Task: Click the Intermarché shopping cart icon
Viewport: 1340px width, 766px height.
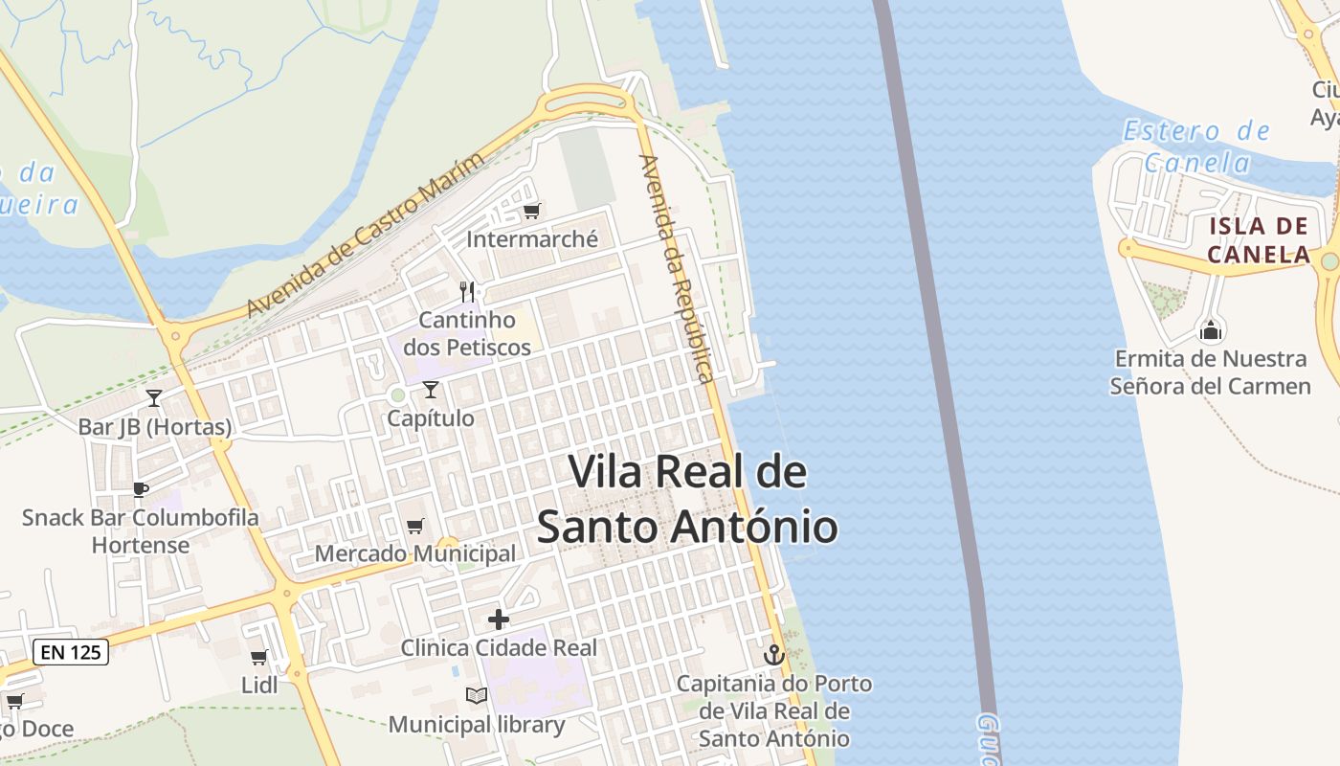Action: tap(531, 211)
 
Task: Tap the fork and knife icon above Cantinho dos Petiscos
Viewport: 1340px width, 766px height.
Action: tap(467, 291)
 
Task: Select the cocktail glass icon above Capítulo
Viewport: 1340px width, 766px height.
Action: tap(431, 389)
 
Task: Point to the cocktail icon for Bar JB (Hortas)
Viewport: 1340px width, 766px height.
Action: tap(154, 397)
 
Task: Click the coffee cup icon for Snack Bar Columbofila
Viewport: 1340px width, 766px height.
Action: tap(141, 490)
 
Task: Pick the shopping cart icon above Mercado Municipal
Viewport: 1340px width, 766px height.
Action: tap(414, 526)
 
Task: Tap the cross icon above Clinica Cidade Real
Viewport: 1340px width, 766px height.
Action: tap(498, 620)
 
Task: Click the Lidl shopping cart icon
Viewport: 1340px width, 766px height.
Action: tap(258, 657)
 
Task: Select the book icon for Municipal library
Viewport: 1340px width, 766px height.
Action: tap(476, 696)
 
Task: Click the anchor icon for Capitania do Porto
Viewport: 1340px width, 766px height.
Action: tap(773, 655)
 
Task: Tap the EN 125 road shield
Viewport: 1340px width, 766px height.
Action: tap(71, 653)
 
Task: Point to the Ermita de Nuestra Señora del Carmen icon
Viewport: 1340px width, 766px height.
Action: tap(1211, 331)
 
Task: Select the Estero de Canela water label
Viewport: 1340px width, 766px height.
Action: tap(1196, 146)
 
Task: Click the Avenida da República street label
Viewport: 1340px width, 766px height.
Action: tap(679, 269)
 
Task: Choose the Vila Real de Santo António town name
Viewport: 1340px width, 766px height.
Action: tap(686, 499)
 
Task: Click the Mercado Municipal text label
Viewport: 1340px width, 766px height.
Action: tap(414, 553)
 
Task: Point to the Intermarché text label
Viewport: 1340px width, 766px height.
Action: tap(531, 238)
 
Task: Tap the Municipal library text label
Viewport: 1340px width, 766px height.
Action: tap(476, 724)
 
